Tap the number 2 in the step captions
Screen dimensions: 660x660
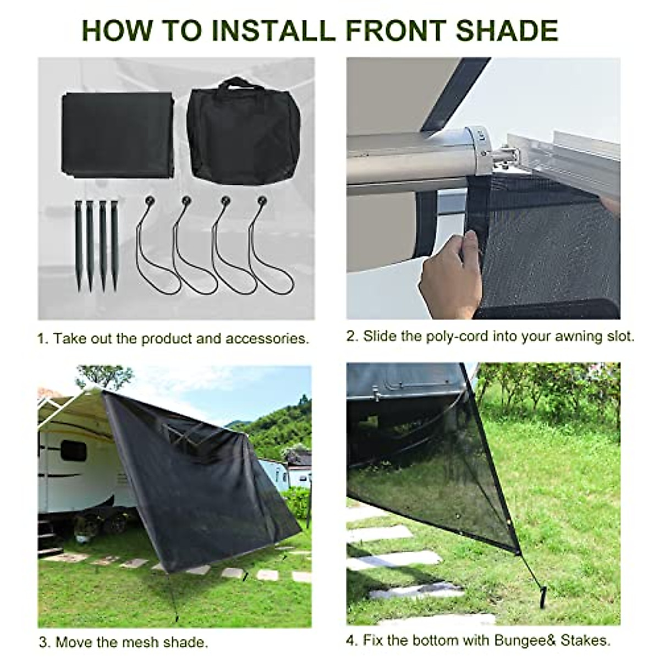pos(352,336)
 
